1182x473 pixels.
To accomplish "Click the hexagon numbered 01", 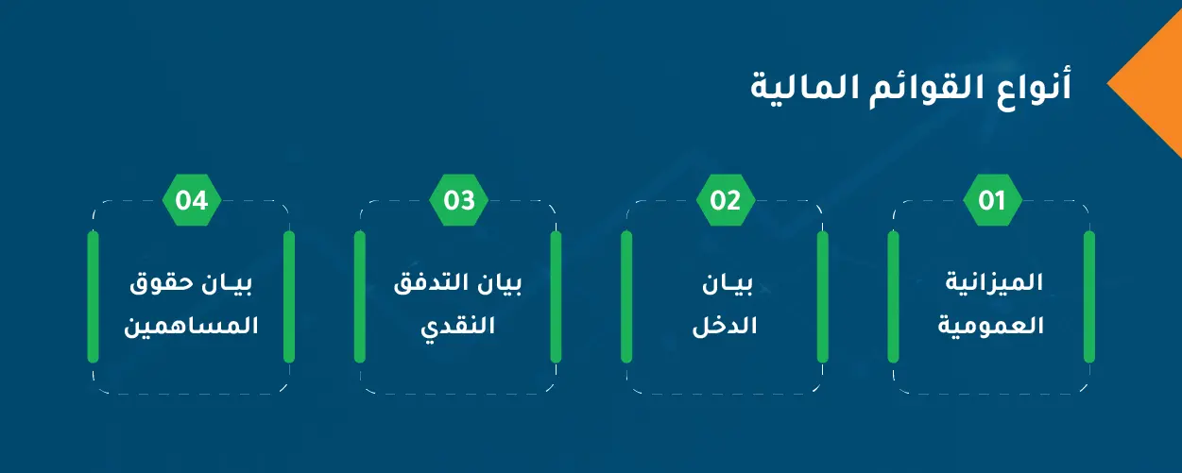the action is [992, 200].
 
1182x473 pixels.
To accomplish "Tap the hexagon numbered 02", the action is [726, 200].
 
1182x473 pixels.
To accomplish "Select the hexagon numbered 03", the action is [458, 200].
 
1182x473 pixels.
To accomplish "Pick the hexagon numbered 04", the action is [192, 200].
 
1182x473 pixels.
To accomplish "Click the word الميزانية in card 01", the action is [994, 282].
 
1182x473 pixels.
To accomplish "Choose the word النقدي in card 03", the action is [458, 327].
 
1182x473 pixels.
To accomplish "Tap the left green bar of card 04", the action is [94, 296].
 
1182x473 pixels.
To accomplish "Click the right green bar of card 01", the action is [1089, 296].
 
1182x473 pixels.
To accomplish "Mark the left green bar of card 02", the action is [626, 296].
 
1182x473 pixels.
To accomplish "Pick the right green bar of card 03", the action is [556, 296].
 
